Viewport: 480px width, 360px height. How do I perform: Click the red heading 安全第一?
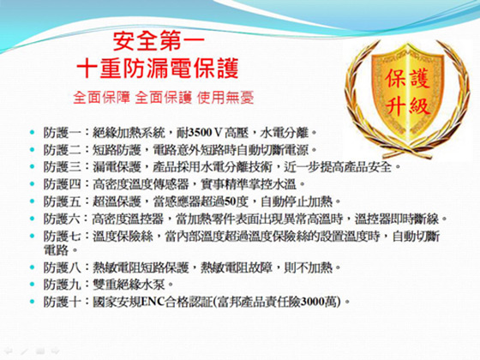[159, 41]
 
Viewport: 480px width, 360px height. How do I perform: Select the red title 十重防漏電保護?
[158, 68]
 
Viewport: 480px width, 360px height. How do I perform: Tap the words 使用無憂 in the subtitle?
[225, 98]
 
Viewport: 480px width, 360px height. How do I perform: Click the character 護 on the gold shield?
[420, 78]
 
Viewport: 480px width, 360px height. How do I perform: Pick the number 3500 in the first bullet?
[201, 133]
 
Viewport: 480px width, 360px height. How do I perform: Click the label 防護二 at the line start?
[62, 150]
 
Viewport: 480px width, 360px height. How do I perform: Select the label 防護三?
[62, 167]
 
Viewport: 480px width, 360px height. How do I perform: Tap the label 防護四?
[62, 184]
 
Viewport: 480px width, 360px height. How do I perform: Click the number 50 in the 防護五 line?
[230, 201]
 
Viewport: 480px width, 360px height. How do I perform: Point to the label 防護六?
[62, 219]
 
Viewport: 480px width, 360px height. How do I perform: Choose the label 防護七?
[62, 237]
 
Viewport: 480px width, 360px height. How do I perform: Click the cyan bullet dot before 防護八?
[33, 267]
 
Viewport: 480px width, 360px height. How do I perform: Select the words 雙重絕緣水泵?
[129, 285]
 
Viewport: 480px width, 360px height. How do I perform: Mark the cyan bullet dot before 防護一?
[33, 132]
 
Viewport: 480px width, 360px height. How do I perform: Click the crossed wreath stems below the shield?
[408, 151]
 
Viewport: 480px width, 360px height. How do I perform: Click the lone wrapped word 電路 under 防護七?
[56, 250]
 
